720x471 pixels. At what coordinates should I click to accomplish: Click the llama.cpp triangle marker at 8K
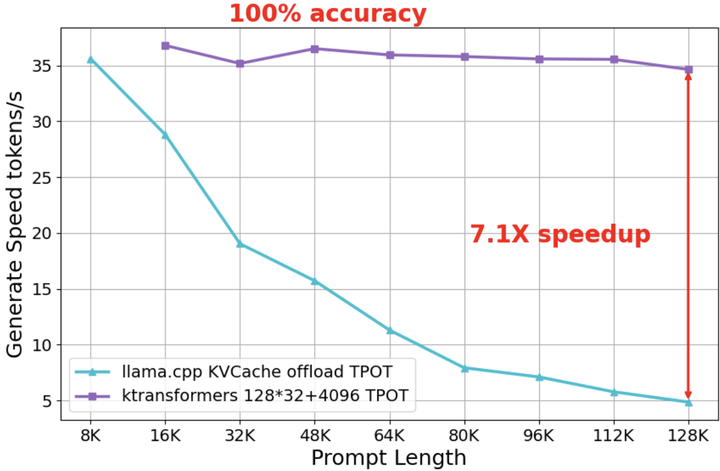click(91, 59)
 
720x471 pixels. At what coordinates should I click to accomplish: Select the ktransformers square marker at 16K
click(165, 46)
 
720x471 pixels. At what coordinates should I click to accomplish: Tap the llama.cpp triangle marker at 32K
click(240, 244)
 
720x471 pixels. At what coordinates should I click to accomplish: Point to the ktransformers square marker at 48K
click(315, 49)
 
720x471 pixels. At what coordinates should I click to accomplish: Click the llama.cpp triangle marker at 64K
click(390, 330)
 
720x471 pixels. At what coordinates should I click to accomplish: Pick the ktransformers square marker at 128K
click(688, 70)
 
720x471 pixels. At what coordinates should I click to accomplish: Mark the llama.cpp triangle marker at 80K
click(465, 368)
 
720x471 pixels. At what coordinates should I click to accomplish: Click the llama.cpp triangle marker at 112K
click(614, 392)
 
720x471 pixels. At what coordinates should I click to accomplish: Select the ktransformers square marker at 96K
click(539, 59)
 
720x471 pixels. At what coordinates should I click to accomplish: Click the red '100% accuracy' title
click(328, 14)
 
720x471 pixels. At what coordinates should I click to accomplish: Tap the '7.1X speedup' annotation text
click(560, 234)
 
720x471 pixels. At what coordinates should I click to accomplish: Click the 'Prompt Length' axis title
click(389, 457)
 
